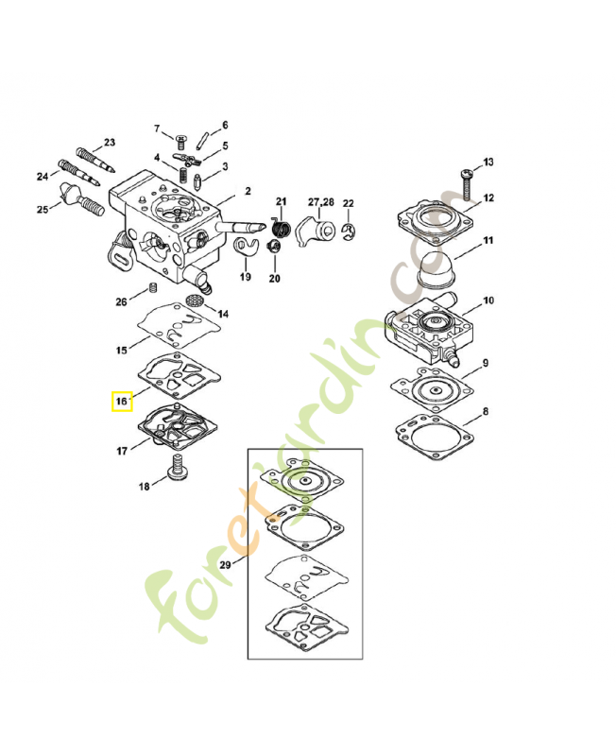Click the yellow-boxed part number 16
click(x=122, y=401)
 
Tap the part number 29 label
click(x=225, y=564)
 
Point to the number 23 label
click(x=109, y=143)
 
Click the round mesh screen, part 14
click(x=196, y=300)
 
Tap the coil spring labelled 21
click(x=280, y=228)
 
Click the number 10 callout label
click(x=488, y=301)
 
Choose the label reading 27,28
click(x=321, y=203)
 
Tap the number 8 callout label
click(x=486, y=412)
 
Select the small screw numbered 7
click(x=180, y=139)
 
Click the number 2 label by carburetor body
click(x=248, y=191)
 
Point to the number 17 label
click(x=122, y=453)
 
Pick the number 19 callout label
click(x=245, y=277)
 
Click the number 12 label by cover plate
click(x=488, y=198)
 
